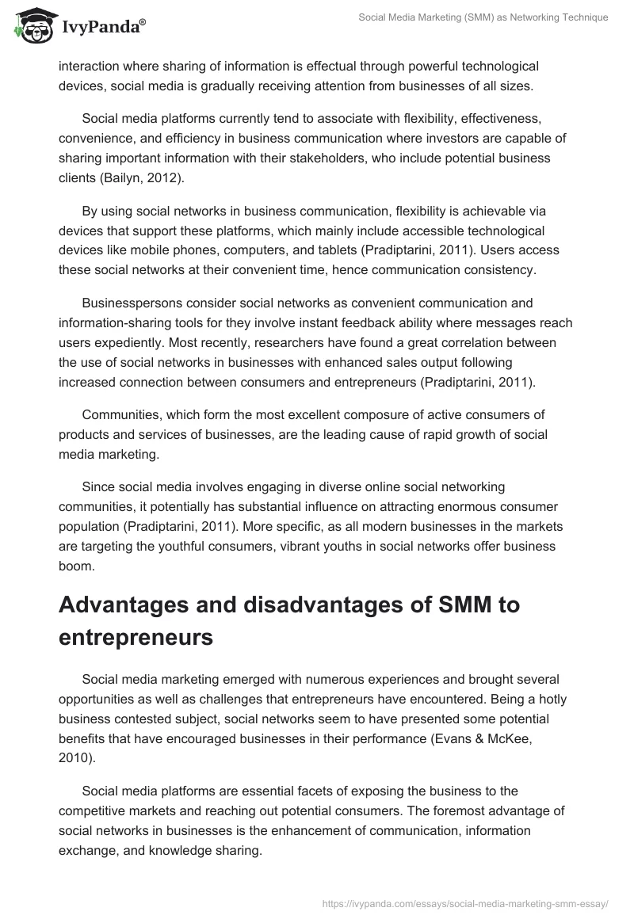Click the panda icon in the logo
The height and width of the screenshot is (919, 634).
click(31, 25)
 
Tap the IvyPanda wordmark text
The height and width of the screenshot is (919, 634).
click(102, 28)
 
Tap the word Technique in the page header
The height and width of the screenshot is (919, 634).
click(581, 17)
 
